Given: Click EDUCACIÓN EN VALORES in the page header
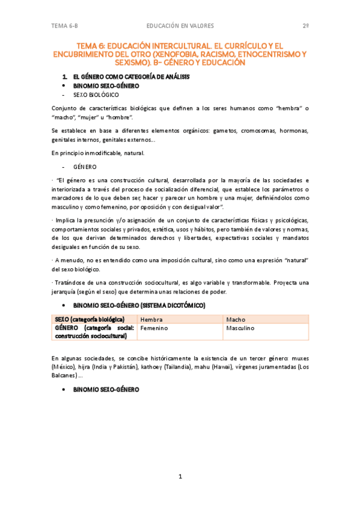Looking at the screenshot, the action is coord(180,26).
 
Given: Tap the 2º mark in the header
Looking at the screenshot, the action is coord(305,26).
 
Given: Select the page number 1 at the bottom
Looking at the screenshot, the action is coord(180,476).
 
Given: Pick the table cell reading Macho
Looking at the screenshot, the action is coord(236,319).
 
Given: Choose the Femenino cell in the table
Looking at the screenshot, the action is coord(154,328).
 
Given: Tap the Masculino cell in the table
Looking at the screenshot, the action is coord(240,328).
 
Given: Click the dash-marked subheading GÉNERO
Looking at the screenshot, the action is coord(85,167).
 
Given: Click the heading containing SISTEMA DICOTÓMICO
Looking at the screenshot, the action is coord(139,306).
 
